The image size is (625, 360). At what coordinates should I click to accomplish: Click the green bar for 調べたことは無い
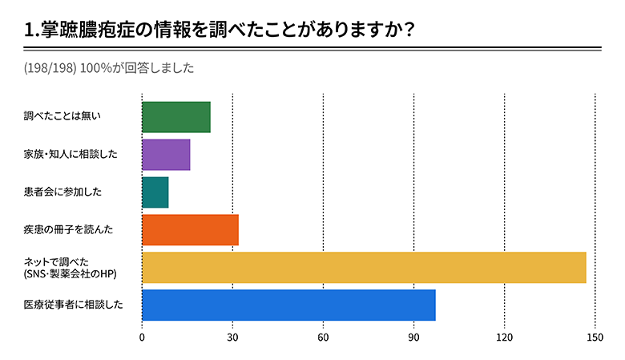point(176,117)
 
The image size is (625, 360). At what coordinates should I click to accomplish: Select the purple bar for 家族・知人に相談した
point(166,155)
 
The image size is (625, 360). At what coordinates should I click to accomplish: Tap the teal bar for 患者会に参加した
point(155,192)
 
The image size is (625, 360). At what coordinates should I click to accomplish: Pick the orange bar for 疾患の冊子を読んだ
point(190,230)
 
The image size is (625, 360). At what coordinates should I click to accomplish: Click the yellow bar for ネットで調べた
point(364,268)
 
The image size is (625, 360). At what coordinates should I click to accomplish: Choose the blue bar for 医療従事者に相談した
point(288,305)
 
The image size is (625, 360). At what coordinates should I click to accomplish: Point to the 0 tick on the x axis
point(143,338)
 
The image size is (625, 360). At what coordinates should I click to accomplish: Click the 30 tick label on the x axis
point(232,338)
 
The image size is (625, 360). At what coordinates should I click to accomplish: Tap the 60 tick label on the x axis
point(323,338)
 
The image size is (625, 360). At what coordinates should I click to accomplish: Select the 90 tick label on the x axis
point(413,338)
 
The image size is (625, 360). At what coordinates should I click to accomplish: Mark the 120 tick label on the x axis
point(504,338)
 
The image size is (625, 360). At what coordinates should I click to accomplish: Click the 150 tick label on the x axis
point(595,338)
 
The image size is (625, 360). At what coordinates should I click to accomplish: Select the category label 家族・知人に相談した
point(71,155)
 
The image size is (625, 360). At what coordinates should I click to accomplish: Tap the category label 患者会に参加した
point(63,192)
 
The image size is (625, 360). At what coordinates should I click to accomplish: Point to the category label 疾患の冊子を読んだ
point(67,230)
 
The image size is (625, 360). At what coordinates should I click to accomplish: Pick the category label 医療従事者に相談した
point(74,305)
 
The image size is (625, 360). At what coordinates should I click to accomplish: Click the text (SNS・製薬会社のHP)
point(74,275)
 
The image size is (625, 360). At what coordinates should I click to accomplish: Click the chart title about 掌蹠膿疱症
point(220,30)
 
